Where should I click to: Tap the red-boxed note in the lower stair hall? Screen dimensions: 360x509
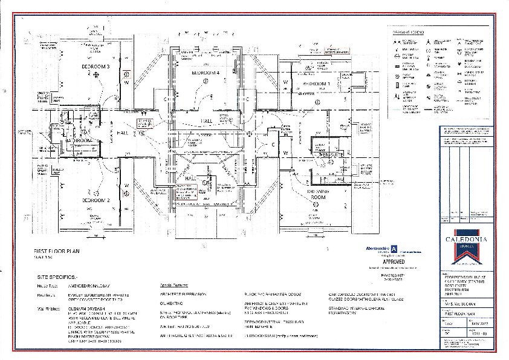[187, 192]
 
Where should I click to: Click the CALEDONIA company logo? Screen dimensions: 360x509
[465, 239]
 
